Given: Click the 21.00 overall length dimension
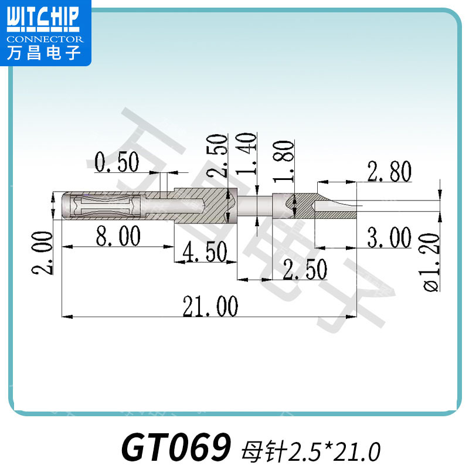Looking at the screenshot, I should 210,305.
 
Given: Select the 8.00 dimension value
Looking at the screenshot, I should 118,237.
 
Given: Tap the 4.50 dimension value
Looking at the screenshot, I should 205,253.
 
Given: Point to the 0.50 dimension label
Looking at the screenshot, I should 117,162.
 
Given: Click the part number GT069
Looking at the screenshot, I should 174,448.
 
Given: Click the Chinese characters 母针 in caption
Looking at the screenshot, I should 262,451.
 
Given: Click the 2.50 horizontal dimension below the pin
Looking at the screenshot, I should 304,270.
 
